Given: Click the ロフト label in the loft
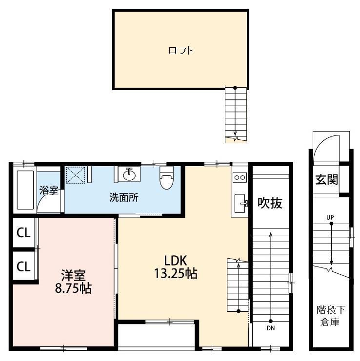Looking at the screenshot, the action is point(180,50).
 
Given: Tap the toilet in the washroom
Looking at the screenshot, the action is point(166,177).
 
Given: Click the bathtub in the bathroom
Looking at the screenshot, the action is point(25,190).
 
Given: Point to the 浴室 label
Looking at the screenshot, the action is point(49,190).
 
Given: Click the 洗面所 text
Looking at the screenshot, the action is point(124,197).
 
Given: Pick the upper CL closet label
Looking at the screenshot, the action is point(23,233).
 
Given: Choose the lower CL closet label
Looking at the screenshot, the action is point(23,266).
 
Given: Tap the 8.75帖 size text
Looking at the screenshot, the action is point(73,288).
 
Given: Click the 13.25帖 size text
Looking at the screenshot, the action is point(176,274).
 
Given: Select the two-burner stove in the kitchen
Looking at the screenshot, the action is point(240,177).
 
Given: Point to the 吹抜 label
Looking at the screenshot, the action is point(270,203).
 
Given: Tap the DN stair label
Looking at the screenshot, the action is point(271,328).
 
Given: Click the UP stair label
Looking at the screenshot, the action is point(330,217).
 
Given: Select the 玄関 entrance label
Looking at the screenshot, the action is point(326,179).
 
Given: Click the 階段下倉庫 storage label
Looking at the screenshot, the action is point(330,316).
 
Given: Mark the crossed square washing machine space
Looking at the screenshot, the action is point(76,175).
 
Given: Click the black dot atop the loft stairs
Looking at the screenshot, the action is point(235,88).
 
